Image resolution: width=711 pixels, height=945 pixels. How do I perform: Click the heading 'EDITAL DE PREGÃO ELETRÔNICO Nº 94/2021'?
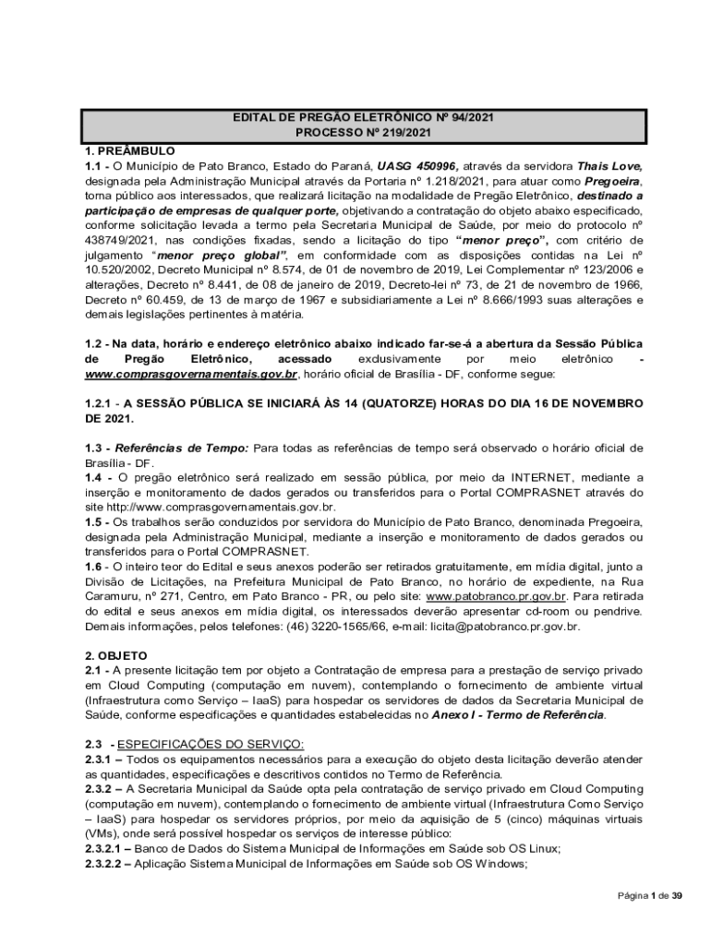363,118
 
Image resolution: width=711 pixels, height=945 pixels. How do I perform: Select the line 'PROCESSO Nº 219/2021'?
363,134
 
